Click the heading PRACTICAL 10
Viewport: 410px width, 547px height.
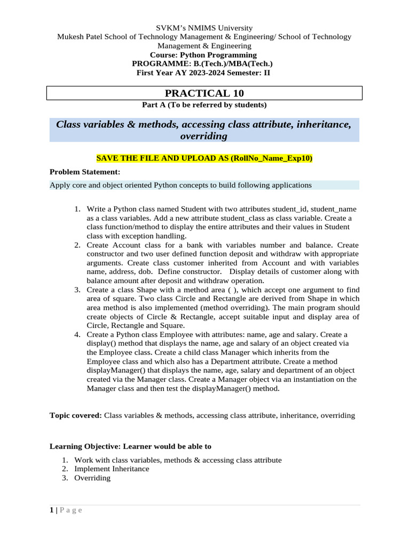click(x=204, y=93)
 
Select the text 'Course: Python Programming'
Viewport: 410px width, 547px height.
click(x=203, y=55)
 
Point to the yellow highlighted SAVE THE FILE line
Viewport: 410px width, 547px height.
click(x=204, y=158)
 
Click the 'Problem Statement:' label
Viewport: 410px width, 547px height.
click(x=85, y=171)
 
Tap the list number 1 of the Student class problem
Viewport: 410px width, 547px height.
click(x=77, y=209)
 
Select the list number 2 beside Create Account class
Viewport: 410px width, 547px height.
click(x=77, y=245)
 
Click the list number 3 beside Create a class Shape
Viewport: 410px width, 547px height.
click(x=77, y=290)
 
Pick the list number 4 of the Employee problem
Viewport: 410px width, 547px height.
click(x=77, y=334)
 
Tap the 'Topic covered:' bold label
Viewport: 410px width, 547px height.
click(x=76, y=415)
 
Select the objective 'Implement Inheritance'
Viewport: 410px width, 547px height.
click(x=112, y=469)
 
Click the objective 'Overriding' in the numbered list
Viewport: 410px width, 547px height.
click(x=92, y=478)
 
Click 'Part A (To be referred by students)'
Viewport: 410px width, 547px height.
click(x=204, y=105)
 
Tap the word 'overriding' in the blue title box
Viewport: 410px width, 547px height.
click(x=204, y=136)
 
